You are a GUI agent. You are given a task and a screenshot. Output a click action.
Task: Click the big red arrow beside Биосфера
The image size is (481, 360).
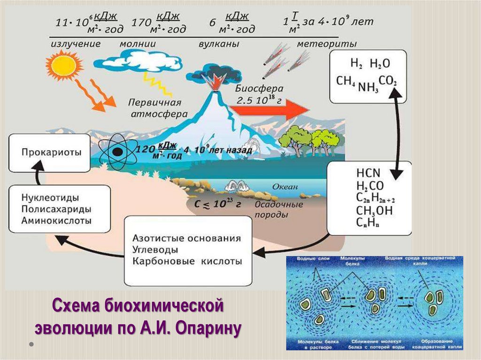(x=270, y=110)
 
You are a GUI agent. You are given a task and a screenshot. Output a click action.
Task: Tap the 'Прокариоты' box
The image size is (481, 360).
(x=49, y=153)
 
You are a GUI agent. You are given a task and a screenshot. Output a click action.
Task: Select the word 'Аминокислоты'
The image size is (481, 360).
(x=57, y=220)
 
